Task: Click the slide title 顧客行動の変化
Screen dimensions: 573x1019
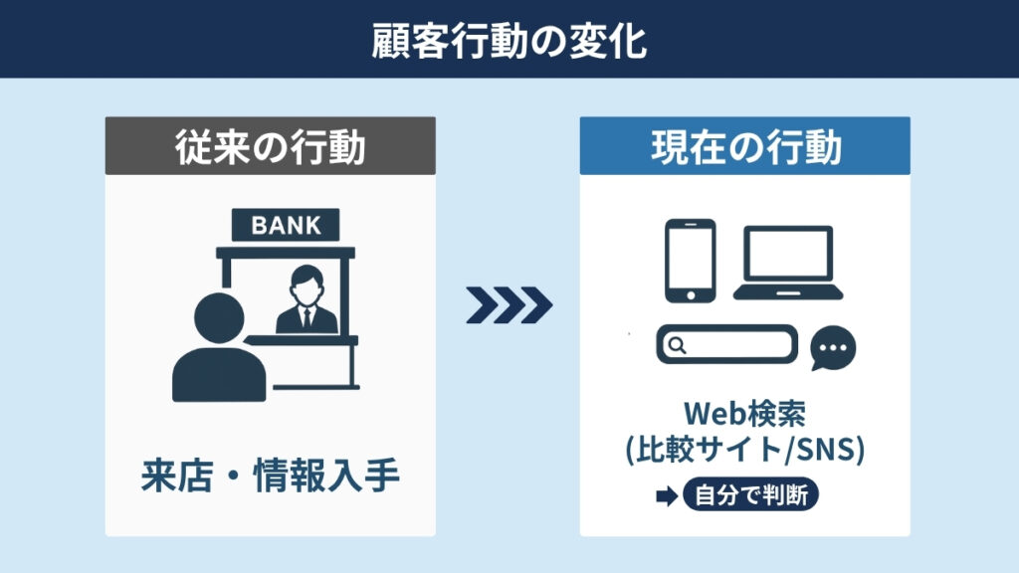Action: click(509, 40)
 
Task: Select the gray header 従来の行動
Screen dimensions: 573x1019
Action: click(270, 147)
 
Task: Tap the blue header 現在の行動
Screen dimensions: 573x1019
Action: click(745, 147)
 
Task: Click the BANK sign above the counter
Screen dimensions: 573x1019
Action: click(286, 225)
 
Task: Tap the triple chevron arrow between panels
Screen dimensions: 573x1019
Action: click(509, 305)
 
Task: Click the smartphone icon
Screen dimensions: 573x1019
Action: click(689, 260)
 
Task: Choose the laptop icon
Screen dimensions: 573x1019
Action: click(787, 264)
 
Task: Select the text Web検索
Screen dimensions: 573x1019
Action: click(744, 414)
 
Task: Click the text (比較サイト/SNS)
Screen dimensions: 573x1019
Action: click(744, 450)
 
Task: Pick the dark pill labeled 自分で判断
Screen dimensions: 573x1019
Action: click(750, 495)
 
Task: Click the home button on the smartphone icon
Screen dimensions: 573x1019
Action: click(689, 293)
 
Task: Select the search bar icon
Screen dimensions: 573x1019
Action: click(726, 345)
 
